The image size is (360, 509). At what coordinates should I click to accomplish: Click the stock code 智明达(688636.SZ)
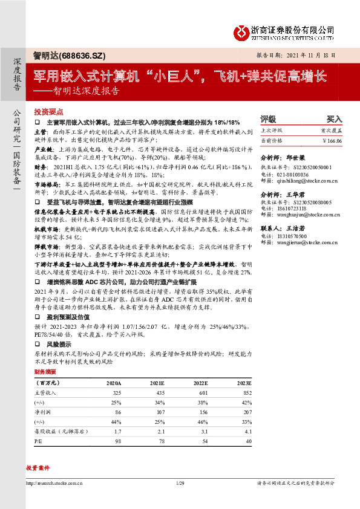70,56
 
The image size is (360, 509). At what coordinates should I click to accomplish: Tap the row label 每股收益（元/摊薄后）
61,432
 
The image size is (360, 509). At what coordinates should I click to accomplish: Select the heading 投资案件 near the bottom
38,468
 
